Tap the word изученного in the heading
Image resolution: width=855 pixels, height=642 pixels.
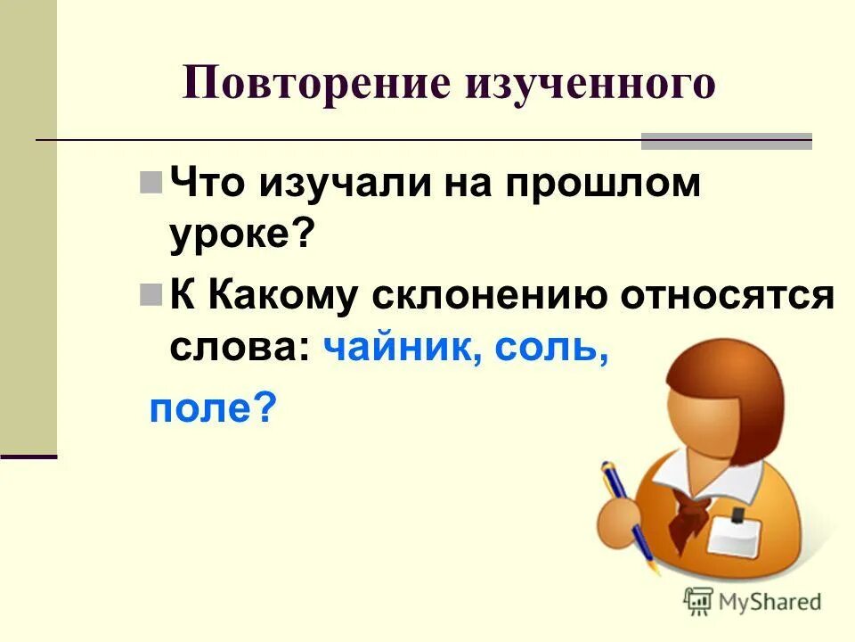(x=590, y=85)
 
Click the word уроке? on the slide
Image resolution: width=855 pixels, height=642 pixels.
(x=242, y=235)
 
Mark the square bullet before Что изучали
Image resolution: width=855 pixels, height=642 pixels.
(x=151, y=185)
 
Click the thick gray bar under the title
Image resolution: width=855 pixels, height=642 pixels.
(x=726, y=141)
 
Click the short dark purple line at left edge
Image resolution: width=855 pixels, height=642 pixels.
(x=28, y=456)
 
